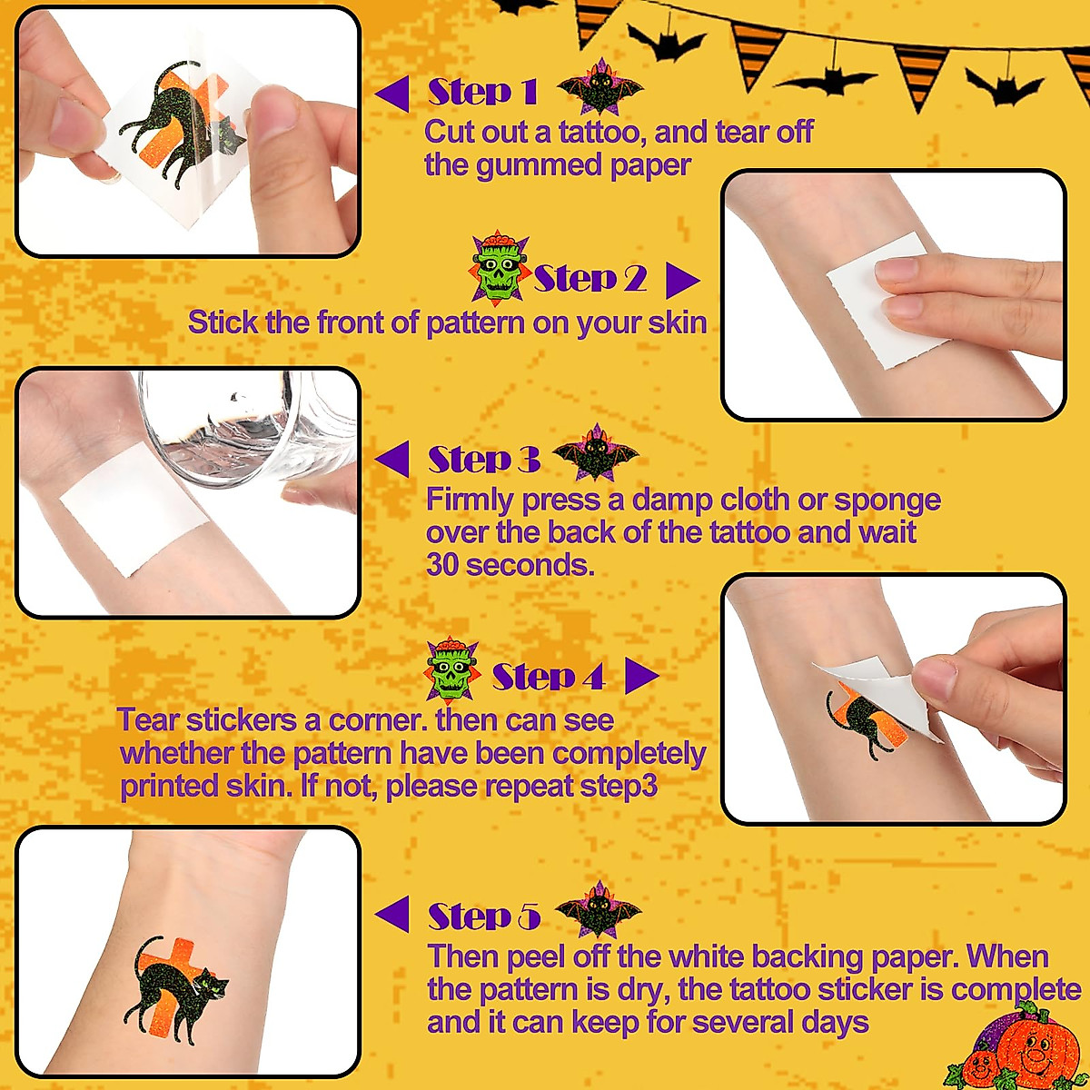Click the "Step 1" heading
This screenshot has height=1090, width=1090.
[482, 92]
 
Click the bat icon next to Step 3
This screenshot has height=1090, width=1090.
[596, 453]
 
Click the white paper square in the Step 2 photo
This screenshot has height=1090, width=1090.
[890, 300]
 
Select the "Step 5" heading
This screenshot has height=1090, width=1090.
[484, 917]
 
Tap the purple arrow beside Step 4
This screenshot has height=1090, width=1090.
[641, 676]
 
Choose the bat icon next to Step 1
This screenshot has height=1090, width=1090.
[599, 88]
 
